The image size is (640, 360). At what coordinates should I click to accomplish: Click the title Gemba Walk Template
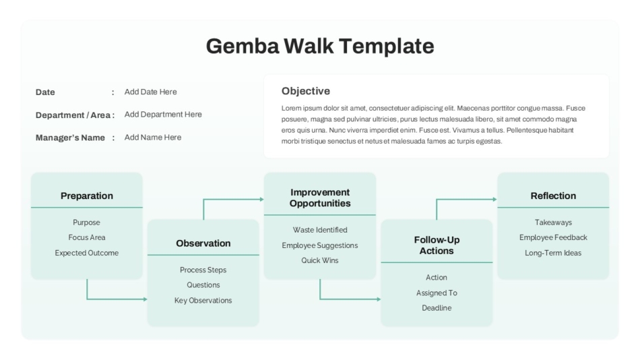(320, 46)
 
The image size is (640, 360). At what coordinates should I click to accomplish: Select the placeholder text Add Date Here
(151, 92)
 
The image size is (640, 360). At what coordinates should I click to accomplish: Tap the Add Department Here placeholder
(163, 115)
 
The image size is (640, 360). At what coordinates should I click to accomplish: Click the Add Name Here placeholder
(153, 138)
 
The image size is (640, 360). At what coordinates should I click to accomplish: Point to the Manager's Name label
(70, 138)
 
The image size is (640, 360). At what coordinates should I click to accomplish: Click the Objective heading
(306, 91)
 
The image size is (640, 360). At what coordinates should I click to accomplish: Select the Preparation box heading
(87, 196)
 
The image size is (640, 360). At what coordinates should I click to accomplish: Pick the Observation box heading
(203, 243)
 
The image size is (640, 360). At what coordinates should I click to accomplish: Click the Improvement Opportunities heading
(320, 198)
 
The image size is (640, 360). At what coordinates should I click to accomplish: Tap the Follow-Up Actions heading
(437, 245)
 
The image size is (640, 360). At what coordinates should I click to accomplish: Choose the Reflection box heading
(553, 196)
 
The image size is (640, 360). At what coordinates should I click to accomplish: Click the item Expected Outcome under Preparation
(86, 253)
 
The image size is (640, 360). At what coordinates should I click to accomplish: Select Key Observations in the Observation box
(203, 301)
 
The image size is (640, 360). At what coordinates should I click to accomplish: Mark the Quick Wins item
(320, 260)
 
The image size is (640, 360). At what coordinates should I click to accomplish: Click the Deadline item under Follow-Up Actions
(437, 307)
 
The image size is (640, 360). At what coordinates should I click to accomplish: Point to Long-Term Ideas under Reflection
(553, 253)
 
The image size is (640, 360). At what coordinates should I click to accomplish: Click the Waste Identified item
(320, 230)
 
